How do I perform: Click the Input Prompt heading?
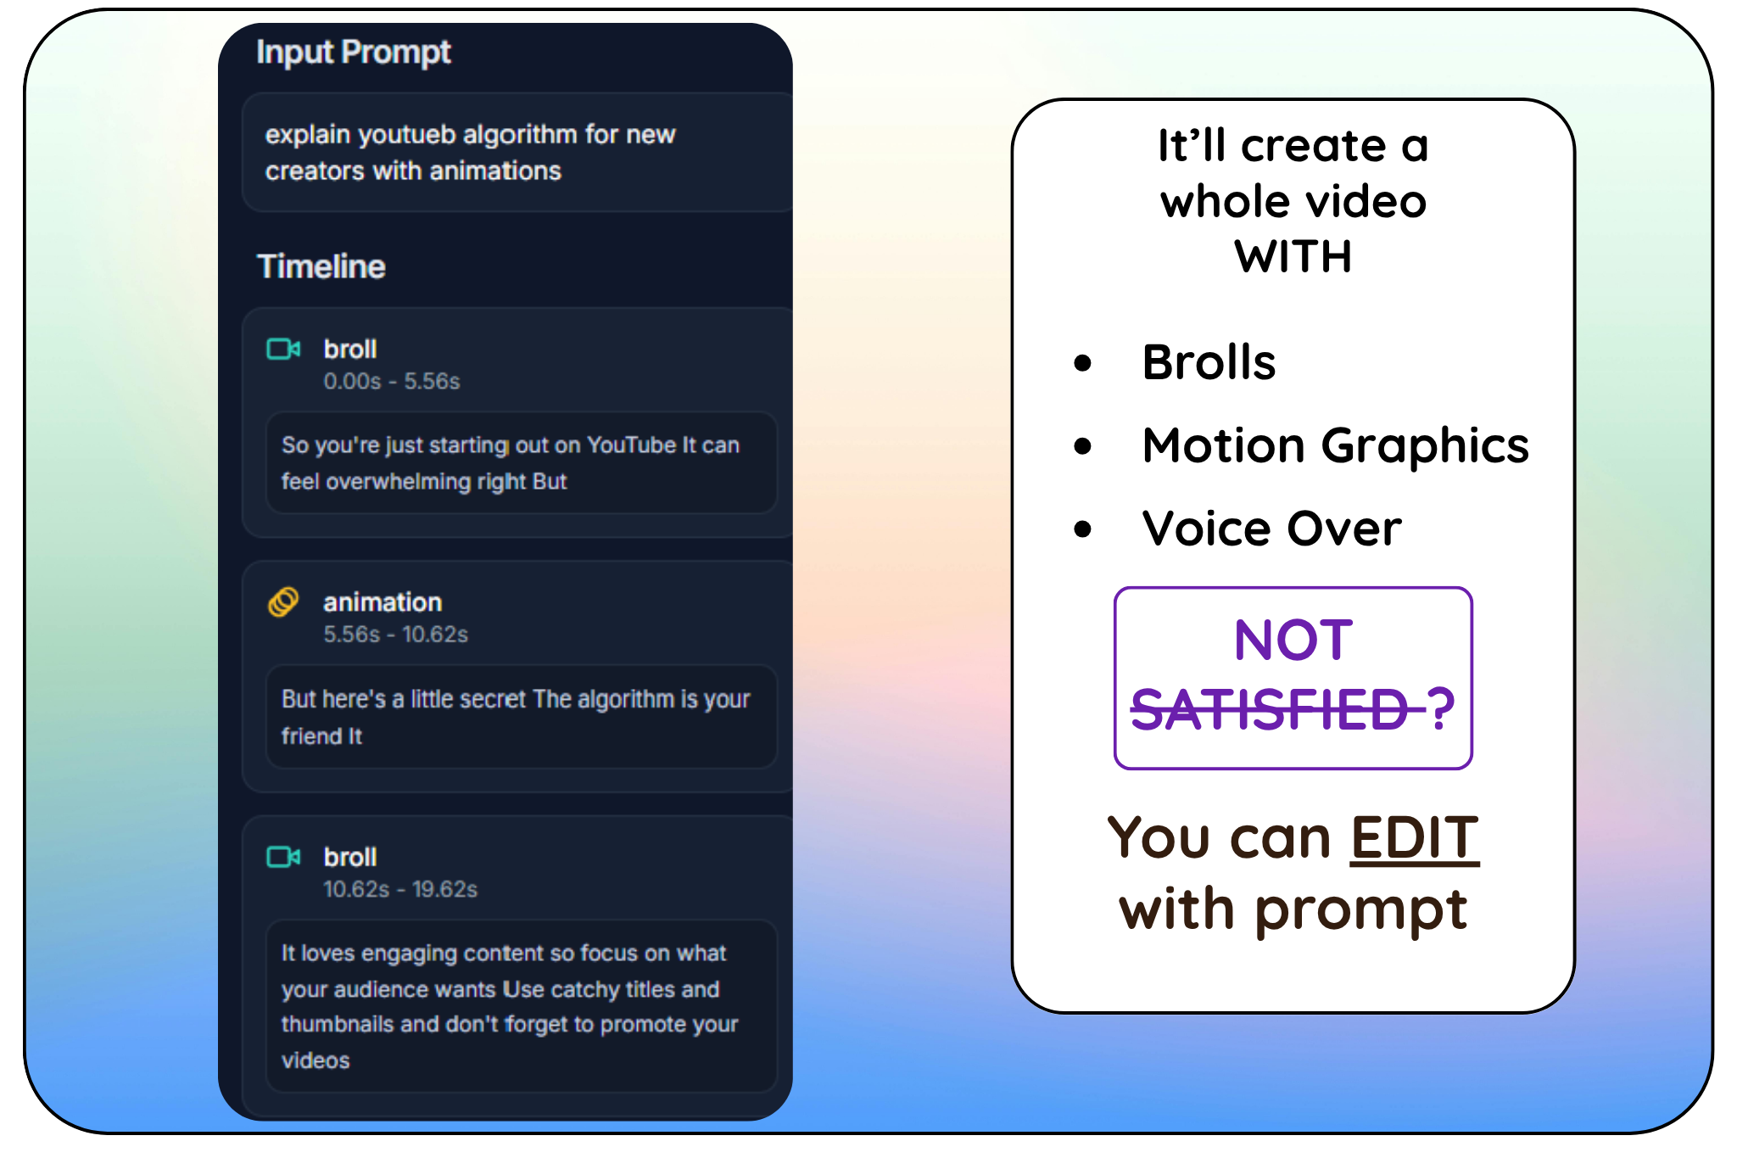[x=353, y=53]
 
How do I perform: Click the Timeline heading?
[x=321, y=266]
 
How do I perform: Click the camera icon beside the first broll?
[x=283, y=349]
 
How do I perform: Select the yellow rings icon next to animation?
[x=283, y=601]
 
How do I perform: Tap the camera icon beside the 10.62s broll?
[x=283, y=857]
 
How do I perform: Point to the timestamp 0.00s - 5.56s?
[x=391, y=382]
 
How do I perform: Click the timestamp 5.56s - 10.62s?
[x=395, y=635]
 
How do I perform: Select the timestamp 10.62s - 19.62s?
[x=399, y=889]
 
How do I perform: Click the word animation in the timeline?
[x=382, y=602]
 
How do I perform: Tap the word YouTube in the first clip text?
[x=631, y=445]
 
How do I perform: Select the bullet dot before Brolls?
[x=1082, y=363]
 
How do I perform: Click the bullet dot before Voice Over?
[x=1082, y=529]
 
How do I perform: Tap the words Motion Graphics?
[x=1335, y=445]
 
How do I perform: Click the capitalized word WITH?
[x=1293, y=257]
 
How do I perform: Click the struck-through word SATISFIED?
[x=1269, y=709]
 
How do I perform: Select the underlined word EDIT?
[x=1414, y=838]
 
